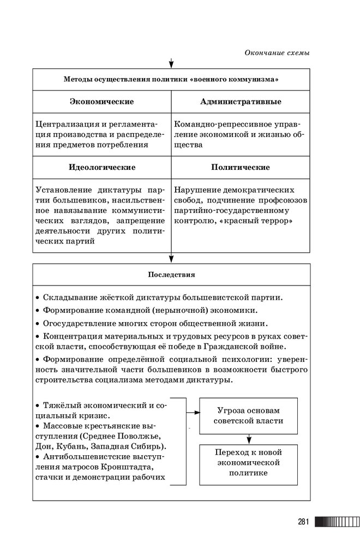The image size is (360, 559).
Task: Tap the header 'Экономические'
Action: pos(102,102)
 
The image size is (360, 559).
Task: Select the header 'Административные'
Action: pos(241,102)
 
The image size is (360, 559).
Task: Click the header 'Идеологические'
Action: pos(102,167)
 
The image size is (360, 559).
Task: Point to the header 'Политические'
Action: pos(241,167)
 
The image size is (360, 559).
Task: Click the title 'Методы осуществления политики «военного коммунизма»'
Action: pos(171,80)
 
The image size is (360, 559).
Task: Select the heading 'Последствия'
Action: pos(171,275)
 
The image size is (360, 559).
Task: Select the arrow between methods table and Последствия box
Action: pos(171,258)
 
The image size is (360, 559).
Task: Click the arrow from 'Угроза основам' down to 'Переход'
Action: pos(248,438)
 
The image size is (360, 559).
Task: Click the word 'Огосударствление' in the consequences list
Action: pos(76,323)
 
